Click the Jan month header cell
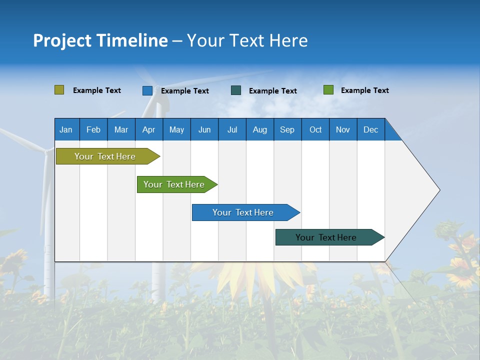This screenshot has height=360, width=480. point(66,129)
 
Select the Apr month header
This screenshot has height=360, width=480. point(148,129)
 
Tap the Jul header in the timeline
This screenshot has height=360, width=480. point(232,129)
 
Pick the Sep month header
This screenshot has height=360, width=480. point(287,129)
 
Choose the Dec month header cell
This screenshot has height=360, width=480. point(370,129)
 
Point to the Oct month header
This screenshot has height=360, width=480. point(315,129)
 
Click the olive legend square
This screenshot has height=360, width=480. point(59,90)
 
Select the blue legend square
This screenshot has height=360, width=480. point(147,90)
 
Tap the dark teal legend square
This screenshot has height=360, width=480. point(236,90)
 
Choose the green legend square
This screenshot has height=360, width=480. point(328,90)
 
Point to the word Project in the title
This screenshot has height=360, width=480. point(62,40)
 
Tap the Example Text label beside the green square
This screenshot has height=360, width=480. point(364,90)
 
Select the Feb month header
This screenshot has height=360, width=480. point(93,129)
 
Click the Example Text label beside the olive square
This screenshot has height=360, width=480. point(97,90)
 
